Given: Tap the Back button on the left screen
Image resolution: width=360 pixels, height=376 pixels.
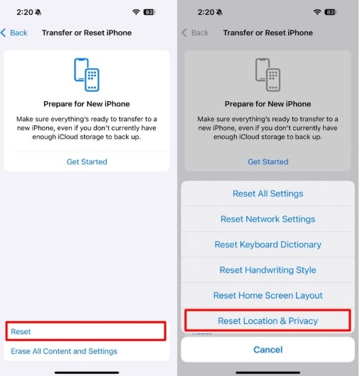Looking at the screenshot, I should [x=14, y=33].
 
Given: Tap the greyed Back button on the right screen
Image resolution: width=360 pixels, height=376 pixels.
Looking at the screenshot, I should [x=195, y=33].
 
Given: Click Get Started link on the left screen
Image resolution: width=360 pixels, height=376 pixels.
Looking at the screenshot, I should [x=87, y=162].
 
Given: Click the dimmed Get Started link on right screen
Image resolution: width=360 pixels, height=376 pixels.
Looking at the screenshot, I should [x=268, y=162].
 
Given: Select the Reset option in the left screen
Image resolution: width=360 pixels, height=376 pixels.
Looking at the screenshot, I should [x=21, y=331].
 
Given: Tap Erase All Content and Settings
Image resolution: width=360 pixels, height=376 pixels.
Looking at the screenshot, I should [x=64, y=351].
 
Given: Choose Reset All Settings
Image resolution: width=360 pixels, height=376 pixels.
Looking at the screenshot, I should [x=268, y=194].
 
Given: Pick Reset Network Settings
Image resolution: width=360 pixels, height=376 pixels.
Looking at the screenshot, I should [x=268, y=219].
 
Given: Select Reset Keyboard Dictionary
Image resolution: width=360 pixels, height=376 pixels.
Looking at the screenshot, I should [x=268, y=244].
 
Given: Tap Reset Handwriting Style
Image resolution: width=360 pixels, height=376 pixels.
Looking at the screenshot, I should [x=268, y=270].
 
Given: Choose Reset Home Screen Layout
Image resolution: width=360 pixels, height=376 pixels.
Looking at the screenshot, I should [x=268, y=296].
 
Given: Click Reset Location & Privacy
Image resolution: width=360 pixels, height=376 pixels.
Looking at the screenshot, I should [x=268, y=321].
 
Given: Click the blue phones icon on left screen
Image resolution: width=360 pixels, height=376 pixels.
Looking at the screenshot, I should [x=87, y=73].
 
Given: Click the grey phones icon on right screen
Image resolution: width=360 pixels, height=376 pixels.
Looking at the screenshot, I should [x=268, y=73].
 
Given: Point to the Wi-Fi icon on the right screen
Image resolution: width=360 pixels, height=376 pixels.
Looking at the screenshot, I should [x=317, y=12].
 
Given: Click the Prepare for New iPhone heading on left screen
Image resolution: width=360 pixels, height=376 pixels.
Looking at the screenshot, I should [x=87, y=104].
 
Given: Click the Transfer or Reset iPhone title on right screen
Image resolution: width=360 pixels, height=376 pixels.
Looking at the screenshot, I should [x=268, y=33].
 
